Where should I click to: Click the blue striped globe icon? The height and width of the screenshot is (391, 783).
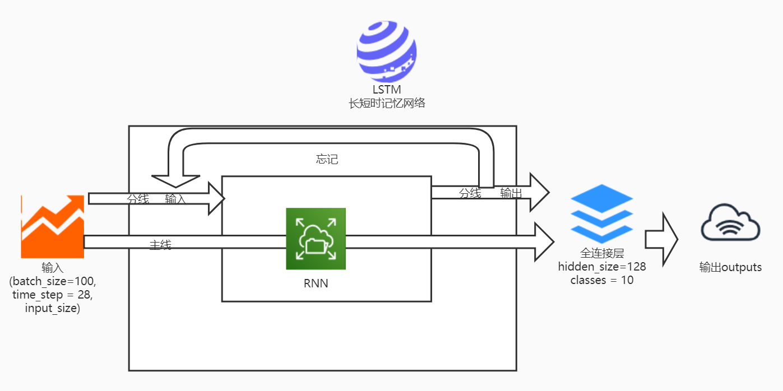click(x=387, y=52)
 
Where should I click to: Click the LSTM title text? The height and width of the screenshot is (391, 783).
click(x=387, y=90)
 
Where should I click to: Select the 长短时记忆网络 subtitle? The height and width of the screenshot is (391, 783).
click(x=387, y=104)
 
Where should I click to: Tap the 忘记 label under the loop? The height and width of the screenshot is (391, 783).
click(x=327, y=159)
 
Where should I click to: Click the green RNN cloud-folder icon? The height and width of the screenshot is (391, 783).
click(x=316, y=239)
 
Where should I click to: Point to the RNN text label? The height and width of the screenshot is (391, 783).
click(x=316, y=283)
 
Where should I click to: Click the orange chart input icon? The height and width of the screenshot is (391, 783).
click(x=53, y=226)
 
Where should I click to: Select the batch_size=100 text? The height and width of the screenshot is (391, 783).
click(x=53, y=281)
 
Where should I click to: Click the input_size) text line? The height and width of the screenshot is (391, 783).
click(x=53, y=308)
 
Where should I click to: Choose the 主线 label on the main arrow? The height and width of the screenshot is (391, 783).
click(x=160, y=245)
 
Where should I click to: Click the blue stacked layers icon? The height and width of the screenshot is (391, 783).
click(x=601, y=213)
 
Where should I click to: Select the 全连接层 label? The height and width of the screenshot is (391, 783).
click(x=602, y=253)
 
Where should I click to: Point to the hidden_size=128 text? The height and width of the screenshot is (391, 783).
click(x=602, y=267)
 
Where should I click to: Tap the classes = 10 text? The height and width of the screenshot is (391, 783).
click(x=602, y=280)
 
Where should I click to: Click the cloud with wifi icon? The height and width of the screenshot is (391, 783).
click(x=730, y=222)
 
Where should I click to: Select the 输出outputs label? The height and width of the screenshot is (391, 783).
click(x=730, y=267)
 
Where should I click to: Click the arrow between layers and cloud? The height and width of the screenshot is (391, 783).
click(x=661, y=240)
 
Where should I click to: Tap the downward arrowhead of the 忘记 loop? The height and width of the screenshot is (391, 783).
click(x=175, y=181)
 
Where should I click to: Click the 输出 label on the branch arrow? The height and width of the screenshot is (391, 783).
click(x=511, y=193)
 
